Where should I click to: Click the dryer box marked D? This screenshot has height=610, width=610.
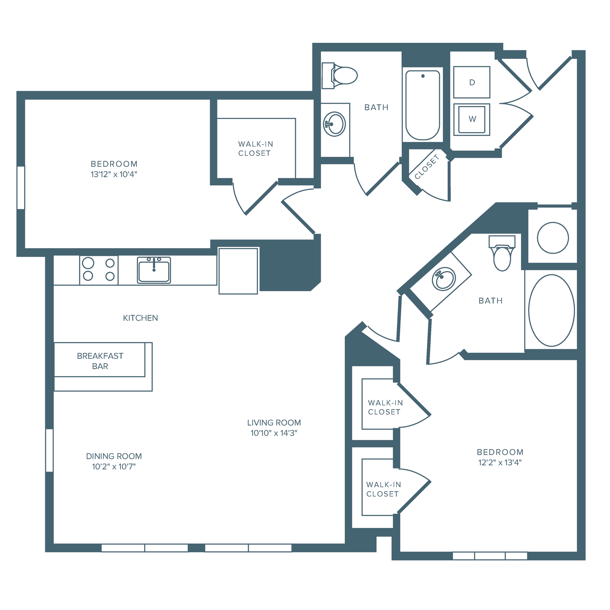tap(472, 82)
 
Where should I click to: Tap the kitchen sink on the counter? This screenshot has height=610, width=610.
tap(154, 270)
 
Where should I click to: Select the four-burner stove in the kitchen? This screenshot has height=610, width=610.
tap(98, 270)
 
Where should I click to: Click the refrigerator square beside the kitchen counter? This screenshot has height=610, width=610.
tap(238, 271)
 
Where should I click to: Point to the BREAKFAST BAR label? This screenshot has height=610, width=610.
tap(100, 361)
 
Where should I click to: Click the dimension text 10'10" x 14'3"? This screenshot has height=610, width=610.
tap(274, 433)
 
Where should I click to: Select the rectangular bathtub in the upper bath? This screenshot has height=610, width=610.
tap(423, 105)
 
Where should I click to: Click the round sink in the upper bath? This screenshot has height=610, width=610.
tap(334, 124)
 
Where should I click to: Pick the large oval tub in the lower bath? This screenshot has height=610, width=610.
tap(551, 310)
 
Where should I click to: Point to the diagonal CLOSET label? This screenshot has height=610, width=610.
tap(427, 167)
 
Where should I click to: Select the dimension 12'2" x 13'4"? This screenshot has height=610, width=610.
tap(500, 463)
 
